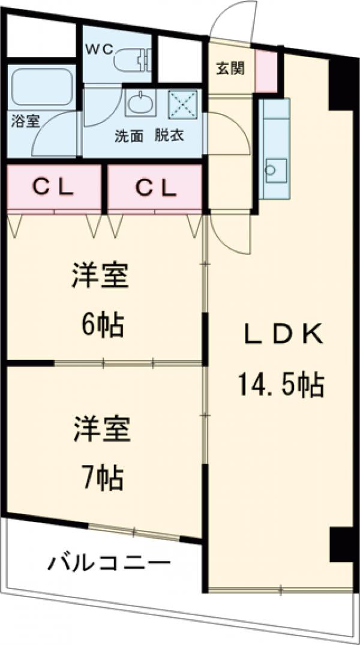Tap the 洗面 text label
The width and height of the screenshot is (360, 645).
pyautogui.click(x=129, y=136)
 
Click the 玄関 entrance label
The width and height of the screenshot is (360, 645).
pyautogui.click(x=230, y=68)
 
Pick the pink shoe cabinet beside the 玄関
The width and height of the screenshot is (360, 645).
pyautogui.click(x=266, y=71)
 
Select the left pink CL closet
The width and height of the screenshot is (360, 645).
pyautogui.click(x=53, y=188)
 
